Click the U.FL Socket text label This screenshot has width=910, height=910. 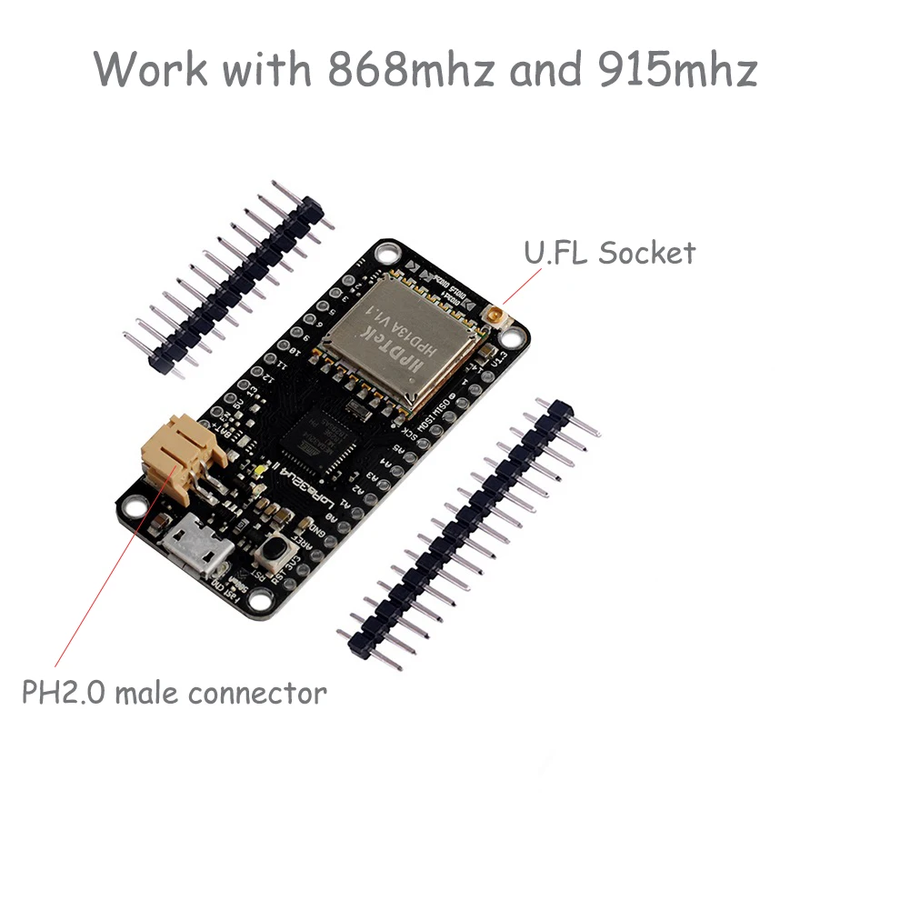(608, 252)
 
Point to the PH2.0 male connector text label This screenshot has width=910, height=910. (174, 694)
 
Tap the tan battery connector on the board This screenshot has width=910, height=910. (182, 455)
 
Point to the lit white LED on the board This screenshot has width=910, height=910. (260, 470)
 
